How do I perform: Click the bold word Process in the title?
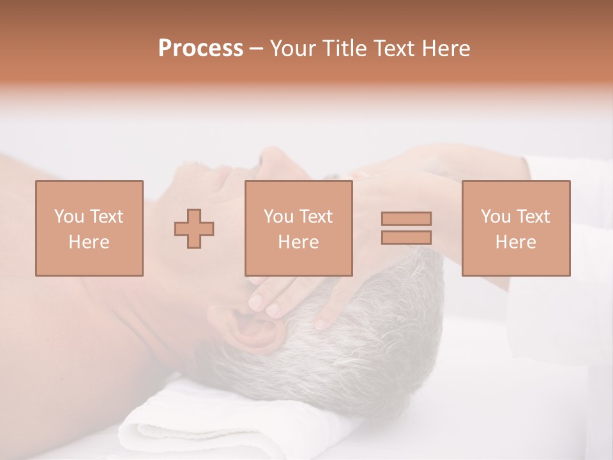point(201,49)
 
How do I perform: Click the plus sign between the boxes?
point(194,228)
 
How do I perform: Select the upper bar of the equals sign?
point(406,218)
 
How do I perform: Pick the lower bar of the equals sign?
point(406,237)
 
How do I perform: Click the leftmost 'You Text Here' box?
point(89,228)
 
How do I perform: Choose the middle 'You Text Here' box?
point(298,228)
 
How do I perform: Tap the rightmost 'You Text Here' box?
point(515,228)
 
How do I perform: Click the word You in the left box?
point(68,217)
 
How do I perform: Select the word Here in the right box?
point(515,241)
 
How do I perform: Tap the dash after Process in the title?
point(256,49)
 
